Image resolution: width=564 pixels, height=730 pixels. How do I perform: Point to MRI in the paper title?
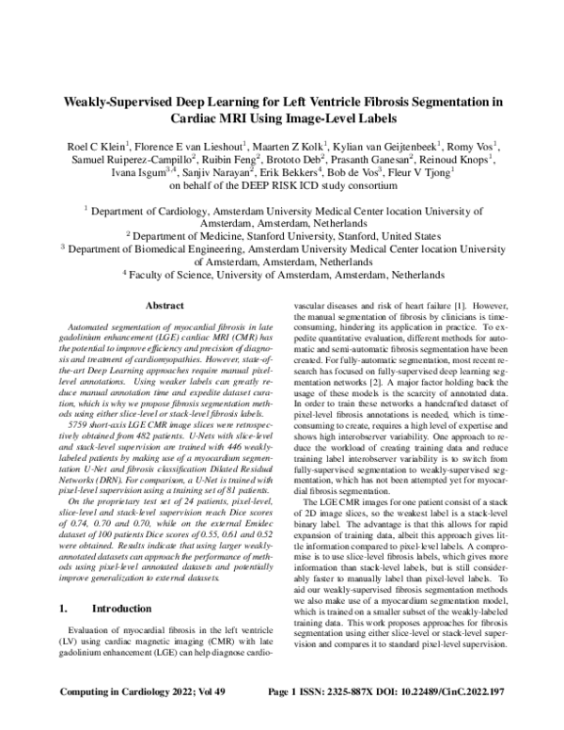243,121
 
